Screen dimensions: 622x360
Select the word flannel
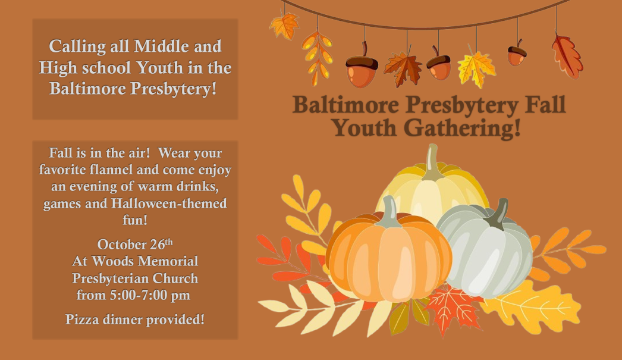(111, 170)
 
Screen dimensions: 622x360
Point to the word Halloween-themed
(169, 204)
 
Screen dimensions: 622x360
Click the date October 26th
(135, 244)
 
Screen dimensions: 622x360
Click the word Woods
(112, 261)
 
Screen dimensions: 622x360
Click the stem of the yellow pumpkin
(432, 162)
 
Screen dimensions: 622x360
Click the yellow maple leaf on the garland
(476, 68)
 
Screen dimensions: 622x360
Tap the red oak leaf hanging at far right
(567, 57)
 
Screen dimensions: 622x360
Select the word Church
(175, 278)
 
